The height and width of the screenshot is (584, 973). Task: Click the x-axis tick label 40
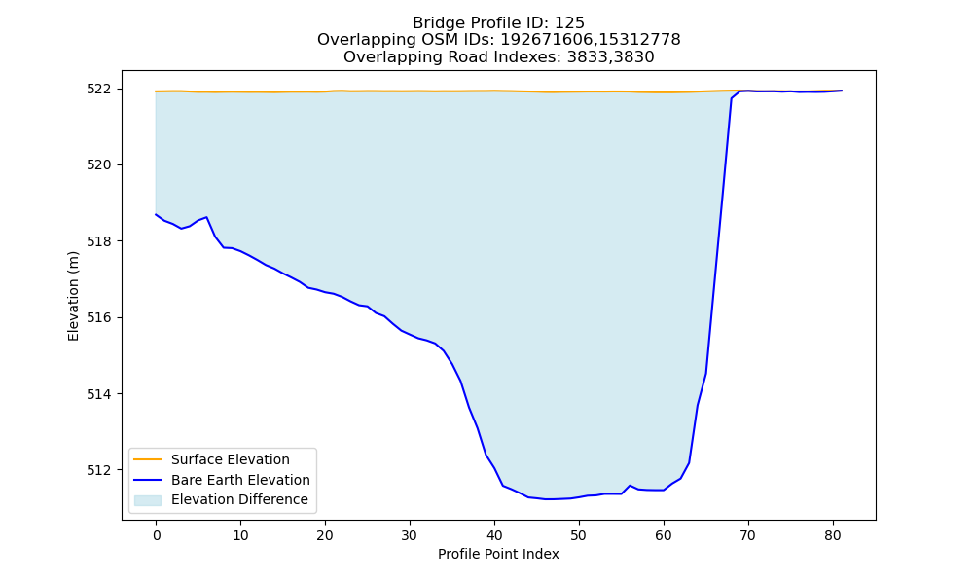(494, 535)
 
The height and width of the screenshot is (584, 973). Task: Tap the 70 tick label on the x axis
(748, 535)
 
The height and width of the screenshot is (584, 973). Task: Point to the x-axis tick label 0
(156, 535)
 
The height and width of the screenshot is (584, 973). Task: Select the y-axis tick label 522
(99, 89)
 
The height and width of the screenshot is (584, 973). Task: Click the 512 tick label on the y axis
(99, 470)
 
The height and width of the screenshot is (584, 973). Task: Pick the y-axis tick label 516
(99, 317)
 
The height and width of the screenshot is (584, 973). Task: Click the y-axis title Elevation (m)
(73, 296)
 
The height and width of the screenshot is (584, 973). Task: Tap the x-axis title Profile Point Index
(498, 554)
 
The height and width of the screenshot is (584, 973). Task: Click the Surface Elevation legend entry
(231, 459)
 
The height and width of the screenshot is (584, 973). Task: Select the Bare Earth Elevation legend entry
(240, 480)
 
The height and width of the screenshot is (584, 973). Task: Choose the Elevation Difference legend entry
(239, 499)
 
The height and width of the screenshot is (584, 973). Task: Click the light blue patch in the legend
(148, 500)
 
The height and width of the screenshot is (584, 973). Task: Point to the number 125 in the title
(569, 23)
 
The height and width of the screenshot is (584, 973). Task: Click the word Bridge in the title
(434, 23)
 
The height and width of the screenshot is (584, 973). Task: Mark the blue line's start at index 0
(156, 214)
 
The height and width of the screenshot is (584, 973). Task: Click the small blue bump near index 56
(630, 486)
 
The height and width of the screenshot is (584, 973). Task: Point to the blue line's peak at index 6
(206, 217)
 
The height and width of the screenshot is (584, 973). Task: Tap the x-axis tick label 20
(325, 535)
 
